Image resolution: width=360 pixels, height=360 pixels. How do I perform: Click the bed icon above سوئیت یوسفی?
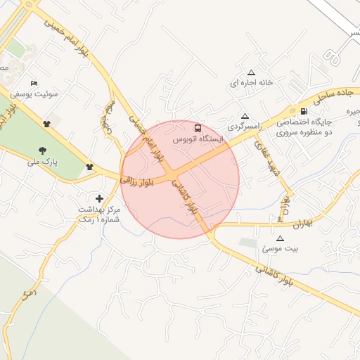click(34, 83)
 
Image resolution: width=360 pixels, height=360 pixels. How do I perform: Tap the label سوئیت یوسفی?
click(34, 94)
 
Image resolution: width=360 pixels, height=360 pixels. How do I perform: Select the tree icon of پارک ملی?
click(43, 150)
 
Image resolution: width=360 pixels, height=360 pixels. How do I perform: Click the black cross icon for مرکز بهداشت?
click(99, 198)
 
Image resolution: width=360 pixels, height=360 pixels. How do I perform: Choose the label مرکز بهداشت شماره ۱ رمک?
click(99, 215)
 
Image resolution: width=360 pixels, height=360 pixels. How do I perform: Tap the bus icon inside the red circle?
click(198, 129)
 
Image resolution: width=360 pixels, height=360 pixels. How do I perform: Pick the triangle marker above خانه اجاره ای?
click(251, 72)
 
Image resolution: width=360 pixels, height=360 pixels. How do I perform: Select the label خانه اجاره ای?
click(251, 83)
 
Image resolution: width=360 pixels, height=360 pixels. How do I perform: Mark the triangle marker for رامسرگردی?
click(245, 116)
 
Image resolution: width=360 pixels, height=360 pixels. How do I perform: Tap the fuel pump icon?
click(303, 111)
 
